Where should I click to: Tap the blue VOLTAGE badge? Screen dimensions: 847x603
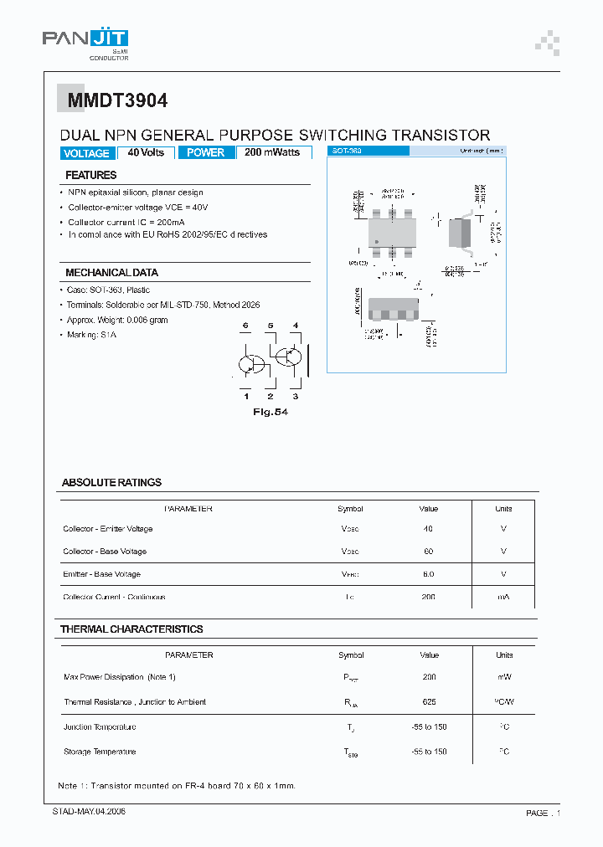tap(86, 153)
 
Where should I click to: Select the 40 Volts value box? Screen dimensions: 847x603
tap(146, 152)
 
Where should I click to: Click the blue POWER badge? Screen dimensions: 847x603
tap(205, 152)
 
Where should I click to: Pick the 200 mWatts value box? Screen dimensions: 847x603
tap(273, 152)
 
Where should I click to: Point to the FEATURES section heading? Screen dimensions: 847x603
tap(91, 175)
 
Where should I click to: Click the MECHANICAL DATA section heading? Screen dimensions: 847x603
tap(111, 273)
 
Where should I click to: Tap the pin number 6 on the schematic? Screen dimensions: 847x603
tap(245, 325)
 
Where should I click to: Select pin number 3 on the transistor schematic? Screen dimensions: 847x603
tap(295, 396)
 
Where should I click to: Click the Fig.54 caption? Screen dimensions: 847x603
tap(270, 412)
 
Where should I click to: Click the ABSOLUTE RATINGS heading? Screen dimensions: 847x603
tap(111, 483)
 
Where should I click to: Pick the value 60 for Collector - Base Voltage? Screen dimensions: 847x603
tap(429, 552)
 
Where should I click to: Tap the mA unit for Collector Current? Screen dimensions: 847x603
tap(503, 597)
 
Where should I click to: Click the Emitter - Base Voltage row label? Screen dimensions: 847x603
tap(101, 574)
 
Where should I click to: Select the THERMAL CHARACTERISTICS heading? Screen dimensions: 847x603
tap(131, 629)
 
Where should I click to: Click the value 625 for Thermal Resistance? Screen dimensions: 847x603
tap(429, 702)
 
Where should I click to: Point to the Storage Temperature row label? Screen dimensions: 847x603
tap(100, 752)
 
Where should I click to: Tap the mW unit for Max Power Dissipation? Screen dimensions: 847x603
tap(503, 677)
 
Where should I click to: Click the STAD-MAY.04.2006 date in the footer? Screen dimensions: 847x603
tap(84, 812)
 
